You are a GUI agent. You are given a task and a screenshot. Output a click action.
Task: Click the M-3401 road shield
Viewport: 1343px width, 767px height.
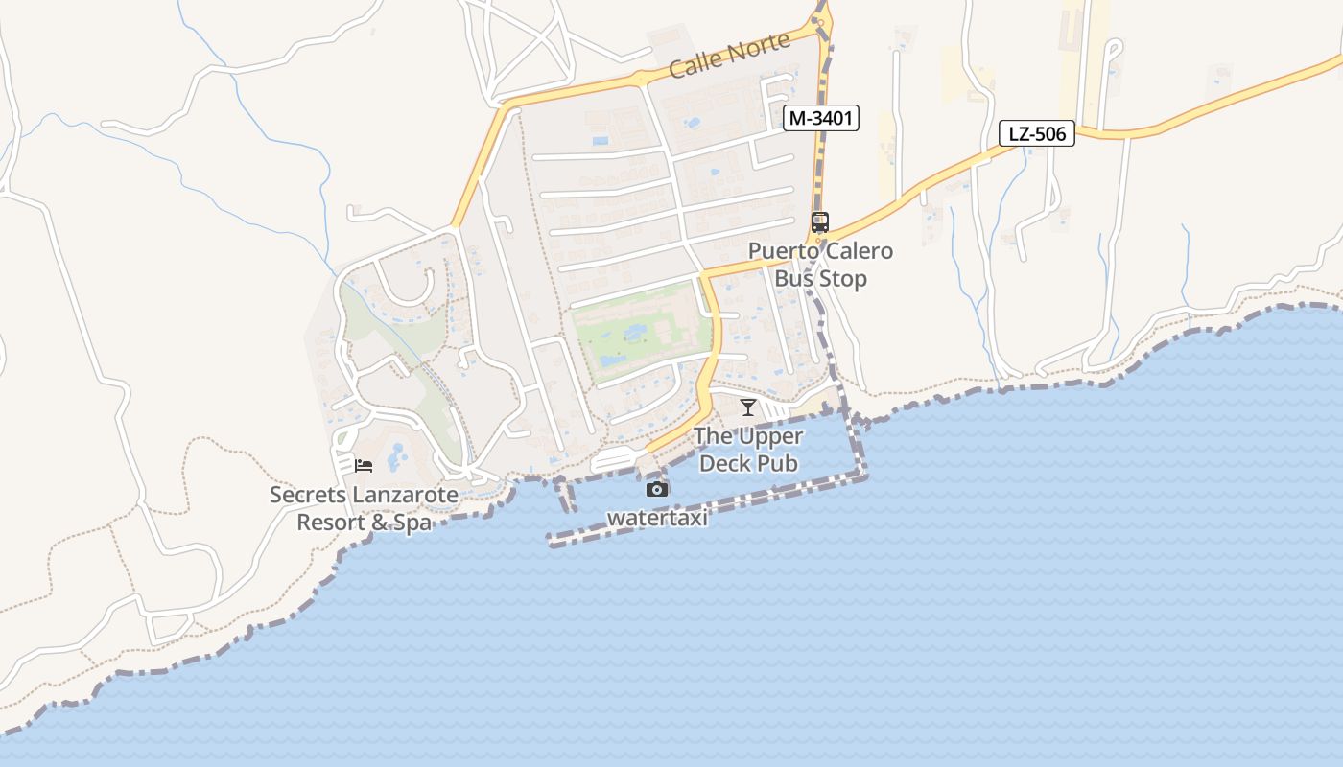point(820,119)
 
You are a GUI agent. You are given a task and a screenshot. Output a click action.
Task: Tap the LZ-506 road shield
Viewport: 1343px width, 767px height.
point(1037,134)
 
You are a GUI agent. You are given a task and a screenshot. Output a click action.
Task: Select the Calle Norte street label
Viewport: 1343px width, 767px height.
point(729,56)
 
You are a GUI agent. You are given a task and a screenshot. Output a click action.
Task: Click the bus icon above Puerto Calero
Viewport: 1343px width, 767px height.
point(820,222)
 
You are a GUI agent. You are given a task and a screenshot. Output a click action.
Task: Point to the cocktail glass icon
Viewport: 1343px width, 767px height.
point(748,407)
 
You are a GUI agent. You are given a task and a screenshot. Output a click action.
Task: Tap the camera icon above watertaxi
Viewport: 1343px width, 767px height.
point(657,490)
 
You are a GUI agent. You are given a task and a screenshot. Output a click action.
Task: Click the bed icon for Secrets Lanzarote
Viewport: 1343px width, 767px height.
point(364,466)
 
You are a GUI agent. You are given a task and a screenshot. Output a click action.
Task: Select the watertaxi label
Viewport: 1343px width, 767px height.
point(657,518)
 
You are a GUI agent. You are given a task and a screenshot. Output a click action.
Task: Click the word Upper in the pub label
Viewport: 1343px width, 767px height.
point(770,436)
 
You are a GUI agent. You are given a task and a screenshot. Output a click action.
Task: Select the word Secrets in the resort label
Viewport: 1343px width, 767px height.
point(305,496)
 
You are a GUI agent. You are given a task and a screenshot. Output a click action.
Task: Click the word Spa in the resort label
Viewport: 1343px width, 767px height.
point(412,523)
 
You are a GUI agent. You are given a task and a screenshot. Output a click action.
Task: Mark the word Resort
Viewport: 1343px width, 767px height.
point(330,523)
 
